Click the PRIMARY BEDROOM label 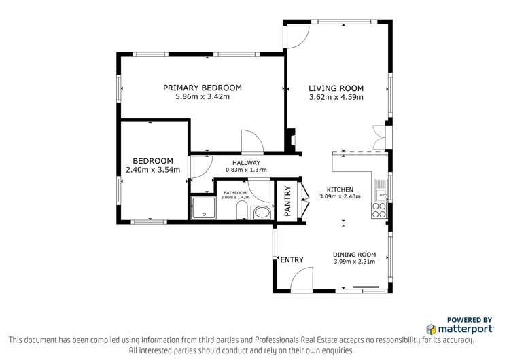point(203,88)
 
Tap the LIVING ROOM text point(336,88)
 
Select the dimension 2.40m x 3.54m point(153,170)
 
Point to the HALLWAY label point(246,163)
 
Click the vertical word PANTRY point(287,201)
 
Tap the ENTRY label point(292,259)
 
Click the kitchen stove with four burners point(380,211)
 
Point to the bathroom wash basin point(261,214)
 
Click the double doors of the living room point(379,138)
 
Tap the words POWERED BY point(469,319)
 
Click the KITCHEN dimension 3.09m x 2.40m point(340,197)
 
